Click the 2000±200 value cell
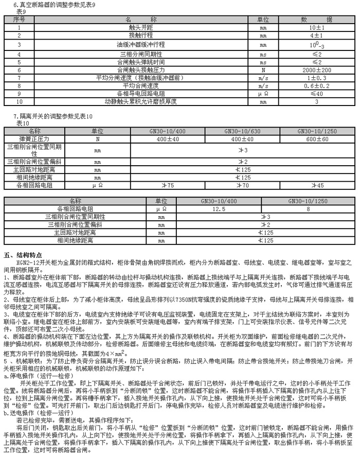316,69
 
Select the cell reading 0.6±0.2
316,85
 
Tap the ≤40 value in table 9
316,94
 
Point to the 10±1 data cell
316,28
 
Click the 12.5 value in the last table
220,209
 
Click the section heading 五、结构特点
21,255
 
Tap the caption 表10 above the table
23,124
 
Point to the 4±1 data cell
316,36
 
